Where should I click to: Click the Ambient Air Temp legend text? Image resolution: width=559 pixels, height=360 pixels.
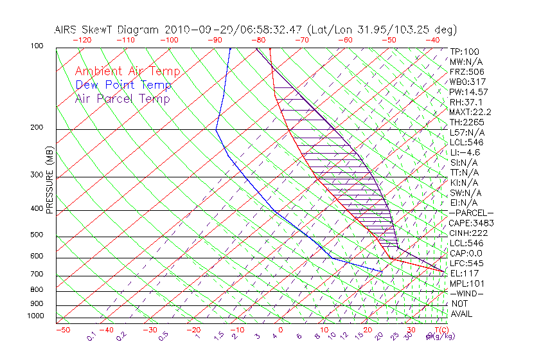(127, 71)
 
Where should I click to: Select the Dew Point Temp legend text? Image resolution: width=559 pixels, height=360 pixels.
(123, 85)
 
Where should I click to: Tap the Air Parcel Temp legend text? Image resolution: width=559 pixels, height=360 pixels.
(122, 98)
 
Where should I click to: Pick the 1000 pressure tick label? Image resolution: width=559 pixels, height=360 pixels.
(36, 316)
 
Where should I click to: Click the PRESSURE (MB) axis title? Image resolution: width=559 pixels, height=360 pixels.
(49, 179)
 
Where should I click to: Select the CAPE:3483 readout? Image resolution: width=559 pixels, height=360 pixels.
(471, 223)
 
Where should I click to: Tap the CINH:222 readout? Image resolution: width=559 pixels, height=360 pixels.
(469, 233)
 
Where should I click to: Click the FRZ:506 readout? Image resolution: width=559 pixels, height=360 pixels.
(466, 71)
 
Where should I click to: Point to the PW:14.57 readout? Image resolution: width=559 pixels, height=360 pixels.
(469, 92)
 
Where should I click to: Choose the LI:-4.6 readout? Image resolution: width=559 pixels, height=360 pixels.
(465, 152)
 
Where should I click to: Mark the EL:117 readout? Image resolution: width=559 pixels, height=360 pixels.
(464, 273)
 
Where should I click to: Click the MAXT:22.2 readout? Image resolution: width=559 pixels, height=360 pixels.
(471, 112)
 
